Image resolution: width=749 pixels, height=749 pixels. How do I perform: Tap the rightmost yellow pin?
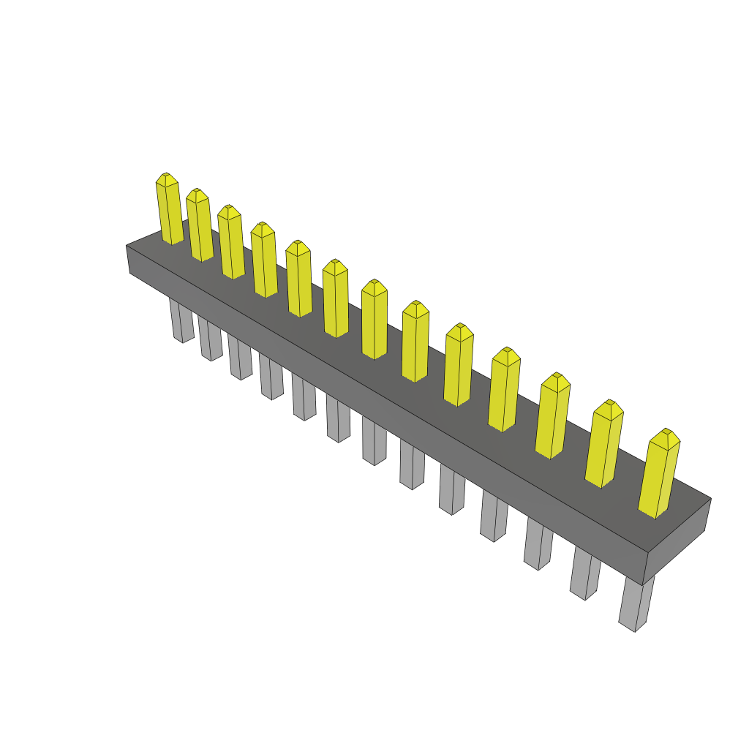point(659,475)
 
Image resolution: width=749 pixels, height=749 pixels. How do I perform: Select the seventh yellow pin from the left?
point(374,322)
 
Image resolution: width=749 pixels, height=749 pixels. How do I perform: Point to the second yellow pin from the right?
point(603,446)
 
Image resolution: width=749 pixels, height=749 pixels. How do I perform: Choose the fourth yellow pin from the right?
point(503,391)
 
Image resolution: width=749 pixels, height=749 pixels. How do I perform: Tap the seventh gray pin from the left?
point(374,441)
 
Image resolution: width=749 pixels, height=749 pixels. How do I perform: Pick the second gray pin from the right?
point(584,574)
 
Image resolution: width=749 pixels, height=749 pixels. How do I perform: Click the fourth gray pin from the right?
point(494,517)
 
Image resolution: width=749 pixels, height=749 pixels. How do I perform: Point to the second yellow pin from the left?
point(200,227)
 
